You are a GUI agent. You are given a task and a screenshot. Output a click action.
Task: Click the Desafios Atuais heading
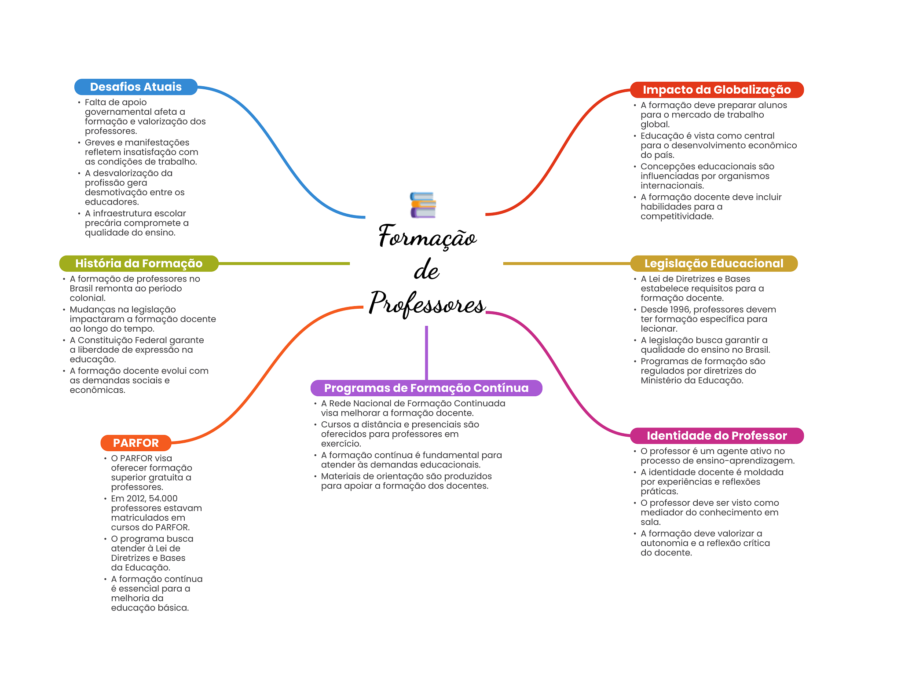coord(136,87)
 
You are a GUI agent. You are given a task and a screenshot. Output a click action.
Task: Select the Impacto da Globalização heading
coord(716,90)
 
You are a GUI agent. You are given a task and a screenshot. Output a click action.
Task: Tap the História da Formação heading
coord(139,263)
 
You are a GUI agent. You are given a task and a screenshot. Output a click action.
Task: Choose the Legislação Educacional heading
coord(714,263)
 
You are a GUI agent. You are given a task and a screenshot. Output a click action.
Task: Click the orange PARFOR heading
coord(136,443)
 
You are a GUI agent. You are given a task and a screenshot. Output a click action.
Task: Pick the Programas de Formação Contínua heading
coord(426,388)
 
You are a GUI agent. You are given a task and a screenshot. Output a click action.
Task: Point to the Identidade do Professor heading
coord(716,436)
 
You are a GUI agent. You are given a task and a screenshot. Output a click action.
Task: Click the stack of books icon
coord(423,205)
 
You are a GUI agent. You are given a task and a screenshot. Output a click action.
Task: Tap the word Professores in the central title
coord(427,303)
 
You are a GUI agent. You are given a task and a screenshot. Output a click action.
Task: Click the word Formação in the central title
coord(427,237)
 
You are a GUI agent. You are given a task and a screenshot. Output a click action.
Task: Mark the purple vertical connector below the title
coord(426,352)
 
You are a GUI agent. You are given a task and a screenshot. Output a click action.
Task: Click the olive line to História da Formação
coord(284,263)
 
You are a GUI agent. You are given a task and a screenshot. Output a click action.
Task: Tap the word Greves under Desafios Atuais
coord(99,142)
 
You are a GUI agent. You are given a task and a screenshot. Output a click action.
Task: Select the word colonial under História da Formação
coord(87,298)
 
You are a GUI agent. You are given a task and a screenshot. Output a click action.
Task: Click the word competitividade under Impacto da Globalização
coord(676,216)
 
